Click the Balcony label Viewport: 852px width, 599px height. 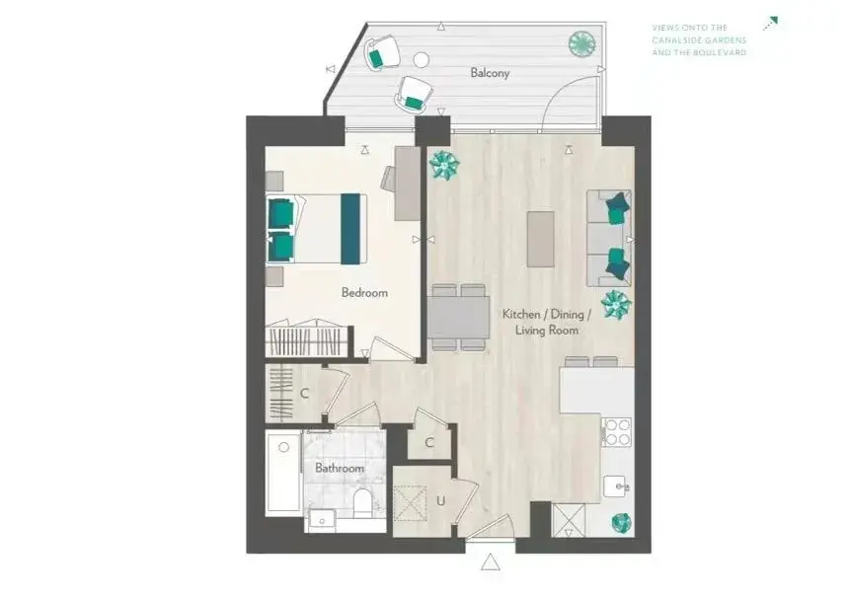coord(490,73)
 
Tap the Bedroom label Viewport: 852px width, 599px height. coord(364,293)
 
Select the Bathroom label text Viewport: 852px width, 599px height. coord(340,468)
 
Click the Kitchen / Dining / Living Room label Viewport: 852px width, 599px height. coord(547,322)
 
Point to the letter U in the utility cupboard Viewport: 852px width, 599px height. coord(440,500)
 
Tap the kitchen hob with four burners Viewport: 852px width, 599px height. coord(617,432)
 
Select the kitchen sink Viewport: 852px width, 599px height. coord(617,487)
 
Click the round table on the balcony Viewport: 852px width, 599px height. coord(421,60)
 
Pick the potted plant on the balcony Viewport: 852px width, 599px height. coord(581,42)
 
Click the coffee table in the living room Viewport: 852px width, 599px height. coord(541,239)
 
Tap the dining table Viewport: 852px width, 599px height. coord(459,317)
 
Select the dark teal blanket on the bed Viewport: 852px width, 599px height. coord(350,229)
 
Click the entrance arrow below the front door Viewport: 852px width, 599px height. coord(490,562)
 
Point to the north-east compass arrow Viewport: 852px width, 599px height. coord(770,24)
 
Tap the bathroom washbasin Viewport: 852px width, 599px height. coord(322,520)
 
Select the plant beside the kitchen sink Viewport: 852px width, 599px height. coord(622,523)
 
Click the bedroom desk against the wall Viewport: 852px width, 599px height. coord(408,184)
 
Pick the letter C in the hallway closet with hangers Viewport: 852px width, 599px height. coord(304,393)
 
